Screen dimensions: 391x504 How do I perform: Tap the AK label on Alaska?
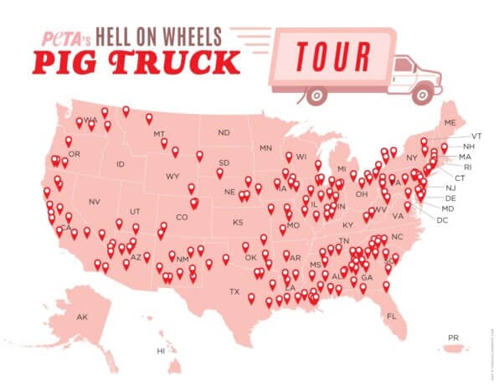click(82, 317)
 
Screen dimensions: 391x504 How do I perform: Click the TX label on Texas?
click(235, 291)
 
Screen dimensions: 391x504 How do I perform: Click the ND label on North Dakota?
click(224, 132)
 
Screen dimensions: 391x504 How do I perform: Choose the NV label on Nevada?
click(95, 202)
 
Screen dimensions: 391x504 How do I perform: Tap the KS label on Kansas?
click(237, 223)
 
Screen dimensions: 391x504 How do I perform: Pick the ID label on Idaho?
click(121, 164)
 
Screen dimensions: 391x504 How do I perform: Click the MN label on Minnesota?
click(266, 148)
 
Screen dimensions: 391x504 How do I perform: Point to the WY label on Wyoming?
click(172, 176)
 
